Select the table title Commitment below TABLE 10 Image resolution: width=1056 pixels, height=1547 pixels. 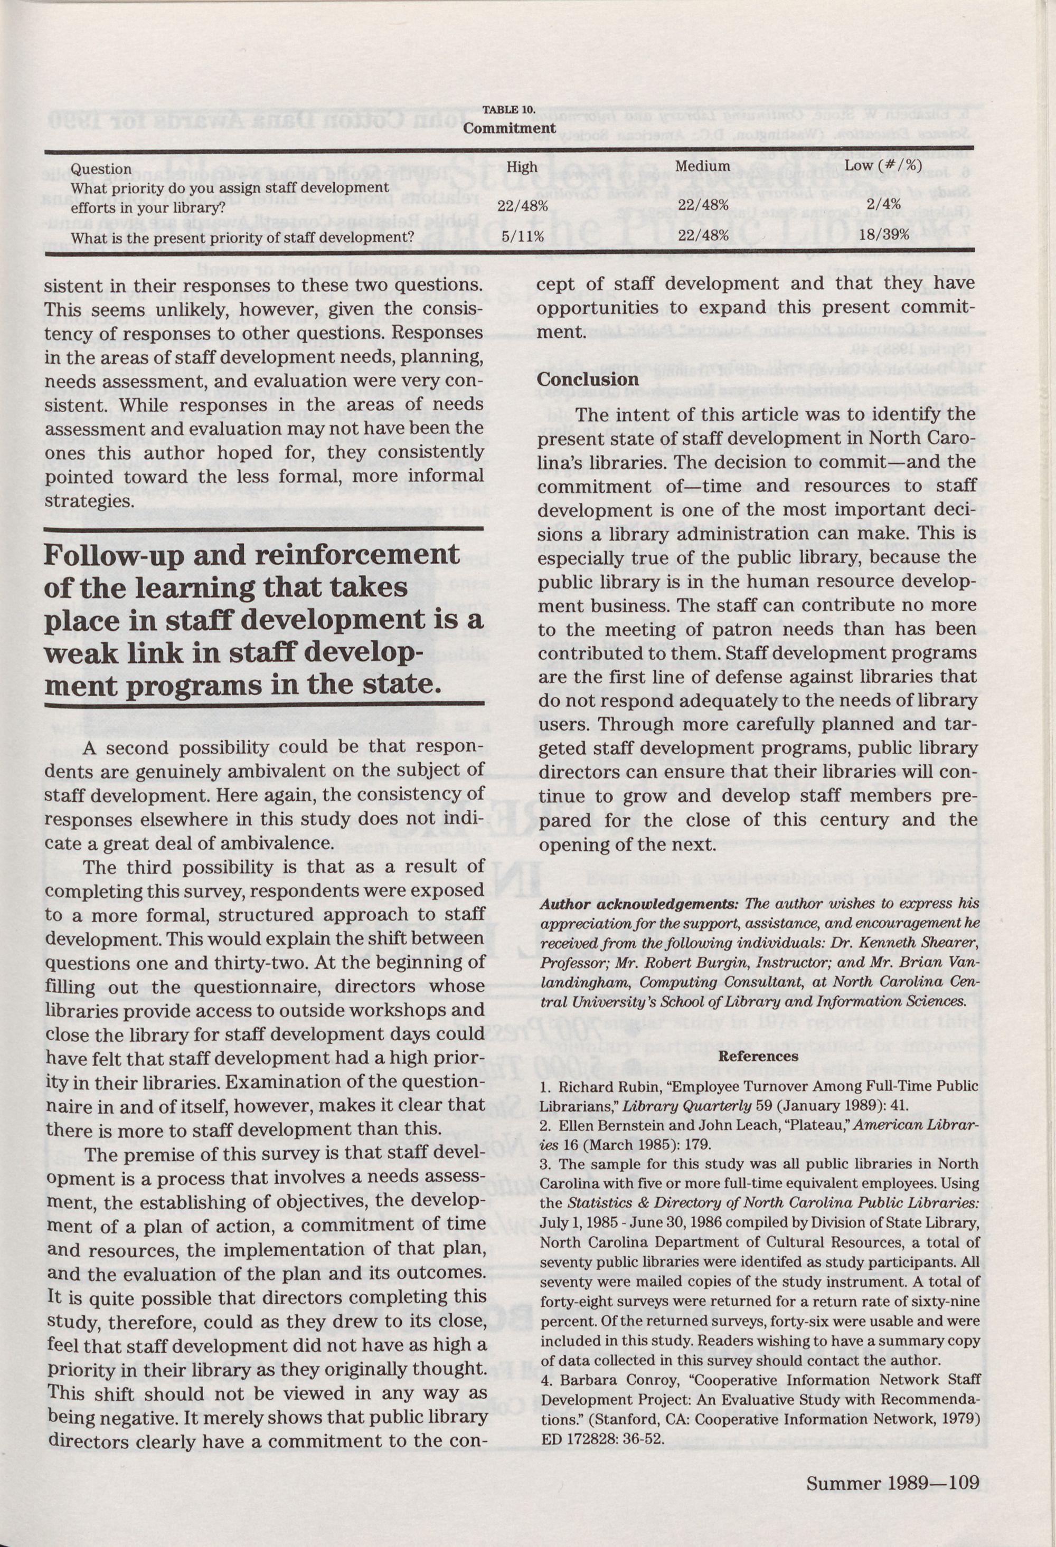tap(510, 127)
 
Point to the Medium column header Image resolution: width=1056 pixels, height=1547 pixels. tap(702, 166)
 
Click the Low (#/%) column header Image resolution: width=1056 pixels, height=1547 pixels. tap(883, 165)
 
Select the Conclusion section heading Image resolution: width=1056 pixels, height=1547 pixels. tap(588, 379)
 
